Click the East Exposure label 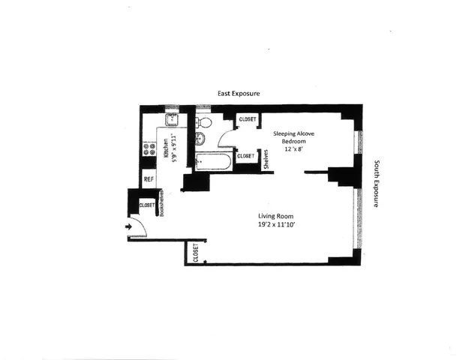pyautogui.click(x=238, y=94)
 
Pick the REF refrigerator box pyautogui.click(x=149, y=179)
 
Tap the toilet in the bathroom pyautogui.click(x=205, y=121)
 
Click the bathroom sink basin pyautogui.click(x=201, y=139)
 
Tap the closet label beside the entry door pyautogui.click(x=146, y=204)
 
